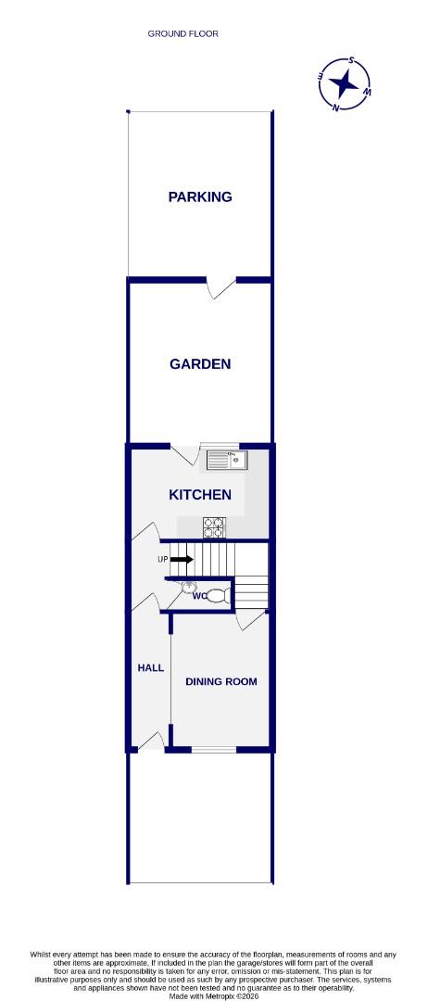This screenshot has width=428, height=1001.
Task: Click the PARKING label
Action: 199,196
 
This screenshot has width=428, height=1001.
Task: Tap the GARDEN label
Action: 199,363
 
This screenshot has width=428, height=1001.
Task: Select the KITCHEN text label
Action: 199,495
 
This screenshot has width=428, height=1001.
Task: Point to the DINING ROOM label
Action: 221,681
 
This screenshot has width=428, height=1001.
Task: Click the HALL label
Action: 150,666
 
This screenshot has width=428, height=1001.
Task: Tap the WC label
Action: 199,596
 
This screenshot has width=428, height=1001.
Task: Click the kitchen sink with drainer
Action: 225,458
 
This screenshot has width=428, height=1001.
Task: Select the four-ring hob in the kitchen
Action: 214,526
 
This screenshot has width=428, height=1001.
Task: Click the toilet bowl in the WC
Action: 217,596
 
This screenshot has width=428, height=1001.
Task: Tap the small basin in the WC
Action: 191,585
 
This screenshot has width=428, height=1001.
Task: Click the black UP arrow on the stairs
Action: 182,559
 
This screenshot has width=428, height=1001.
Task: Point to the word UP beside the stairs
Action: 163,560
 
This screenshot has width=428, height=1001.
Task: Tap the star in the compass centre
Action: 346,84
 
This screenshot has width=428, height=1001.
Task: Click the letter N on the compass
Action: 336,108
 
